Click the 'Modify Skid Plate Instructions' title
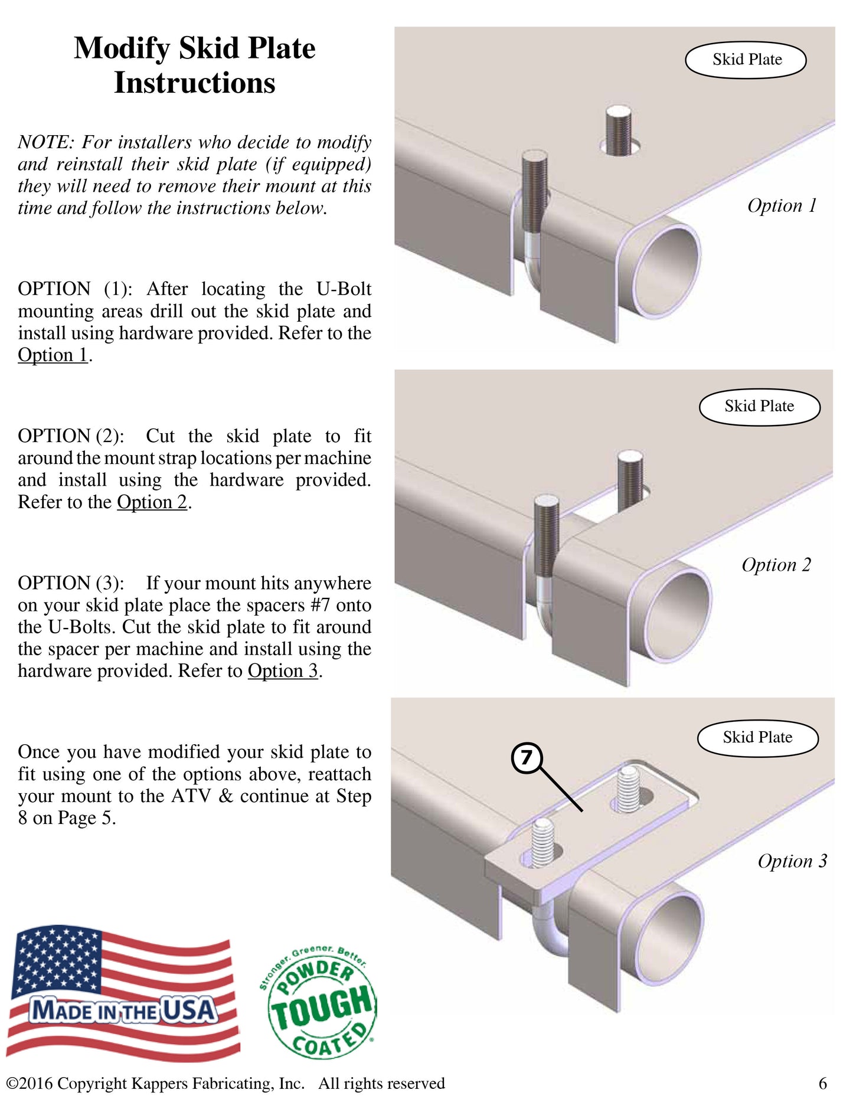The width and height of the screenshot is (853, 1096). coord(195,65)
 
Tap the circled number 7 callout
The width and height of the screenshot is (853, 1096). coord(527,758)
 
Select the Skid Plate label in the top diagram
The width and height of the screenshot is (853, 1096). coord(746,60)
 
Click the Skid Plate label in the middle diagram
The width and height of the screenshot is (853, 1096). coord(760,407)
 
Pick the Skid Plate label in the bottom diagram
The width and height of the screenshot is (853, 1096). coord(758,738)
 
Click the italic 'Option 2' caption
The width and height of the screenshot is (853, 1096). coord(776,565)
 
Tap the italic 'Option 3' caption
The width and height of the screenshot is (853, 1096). coord(793,861)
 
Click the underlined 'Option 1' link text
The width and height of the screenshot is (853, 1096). coord(53,355)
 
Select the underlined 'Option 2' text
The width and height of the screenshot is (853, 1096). coord(152,502)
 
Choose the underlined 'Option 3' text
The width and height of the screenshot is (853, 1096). coord(283,670)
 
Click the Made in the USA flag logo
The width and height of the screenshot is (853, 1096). coord(123,993)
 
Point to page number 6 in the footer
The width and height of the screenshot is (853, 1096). coord(823,1084)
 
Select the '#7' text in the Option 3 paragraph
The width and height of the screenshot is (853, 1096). coord(321,605)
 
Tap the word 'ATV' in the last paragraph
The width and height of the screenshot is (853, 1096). coord(191,796)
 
